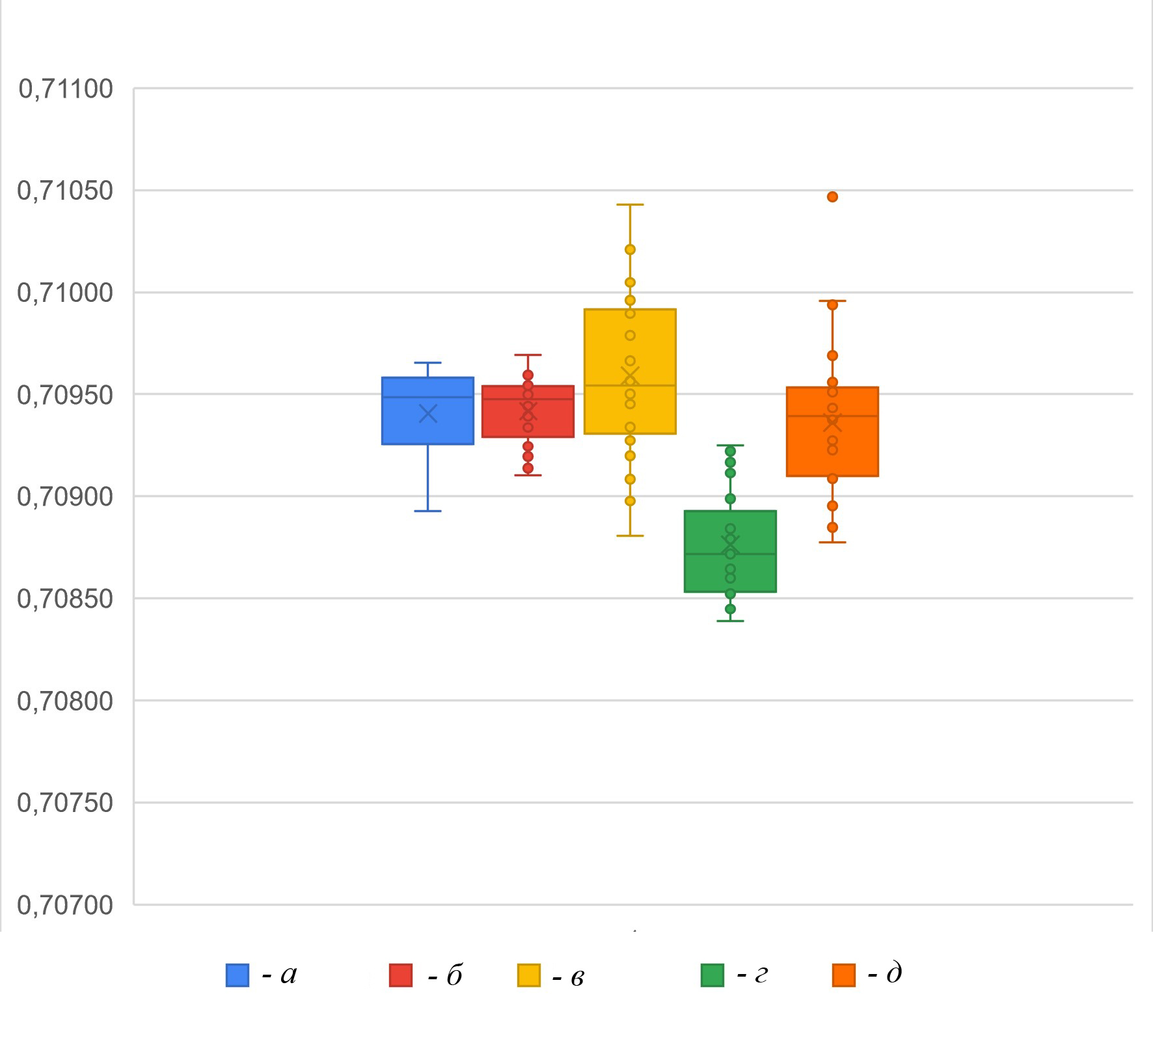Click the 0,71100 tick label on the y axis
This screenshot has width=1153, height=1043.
pos(66,89)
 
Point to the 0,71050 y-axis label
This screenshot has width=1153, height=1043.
pos(66,191)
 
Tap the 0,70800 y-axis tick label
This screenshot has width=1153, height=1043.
pos(66,701)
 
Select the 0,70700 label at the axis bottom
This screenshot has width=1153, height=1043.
pos(66,905)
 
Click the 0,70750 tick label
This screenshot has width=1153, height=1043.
pos(66,804)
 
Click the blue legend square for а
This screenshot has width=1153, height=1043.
pos(237,975)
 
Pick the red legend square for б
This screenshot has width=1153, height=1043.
pos(401,975)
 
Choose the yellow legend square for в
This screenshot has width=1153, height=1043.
pos(529,975)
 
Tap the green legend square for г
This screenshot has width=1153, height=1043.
pos(712,975)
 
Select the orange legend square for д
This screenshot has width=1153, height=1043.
pos(844,975)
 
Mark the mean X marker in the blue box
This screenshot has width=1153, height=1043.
pos(428,414)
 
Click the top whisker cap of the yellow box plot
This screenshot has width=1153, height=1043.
pos(630,205)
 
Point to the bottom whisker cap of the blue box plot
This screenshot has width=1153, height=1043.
pos(428,511)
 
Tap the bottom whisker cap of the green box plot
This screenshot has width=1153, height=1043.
pos(730,621)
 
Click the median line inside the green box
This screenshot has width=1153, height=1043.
pos(730,554)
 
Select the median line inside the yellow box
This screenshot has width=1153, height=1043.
pos(630,385)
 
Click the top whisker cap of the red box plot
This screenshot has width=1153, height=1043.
pos(528,355)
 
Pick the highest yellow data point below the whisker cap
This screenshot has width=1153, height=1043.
pos(630,249)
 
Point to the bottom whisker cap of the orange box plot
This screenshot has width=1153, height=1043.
pos(832,542)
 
